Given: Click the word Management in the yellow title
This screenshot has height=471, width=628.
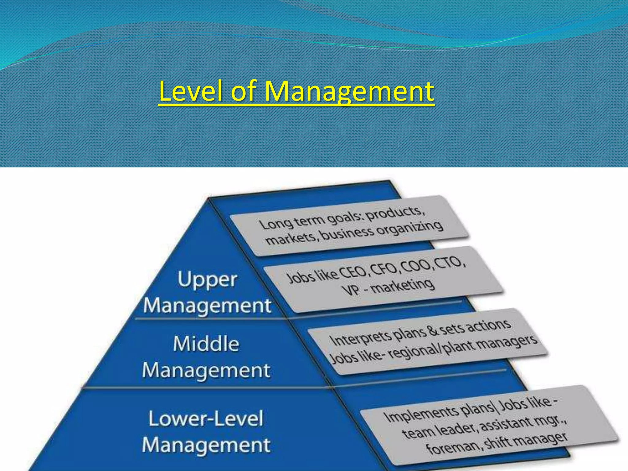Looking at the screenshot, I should (x=349, y=91).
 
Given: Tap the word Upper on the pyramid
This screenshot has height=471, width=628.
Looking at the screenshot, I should (x=207, y=280).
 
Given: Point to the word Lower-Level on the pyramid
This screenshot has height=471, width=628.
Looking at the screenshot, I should (x=206, y=419).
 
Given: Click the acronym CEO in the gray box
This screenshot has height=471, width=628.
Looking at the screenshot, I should (x=352, y=272).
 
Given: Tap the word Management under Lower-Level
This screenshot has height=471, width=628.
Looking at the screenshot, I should (x=206, y=445).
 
